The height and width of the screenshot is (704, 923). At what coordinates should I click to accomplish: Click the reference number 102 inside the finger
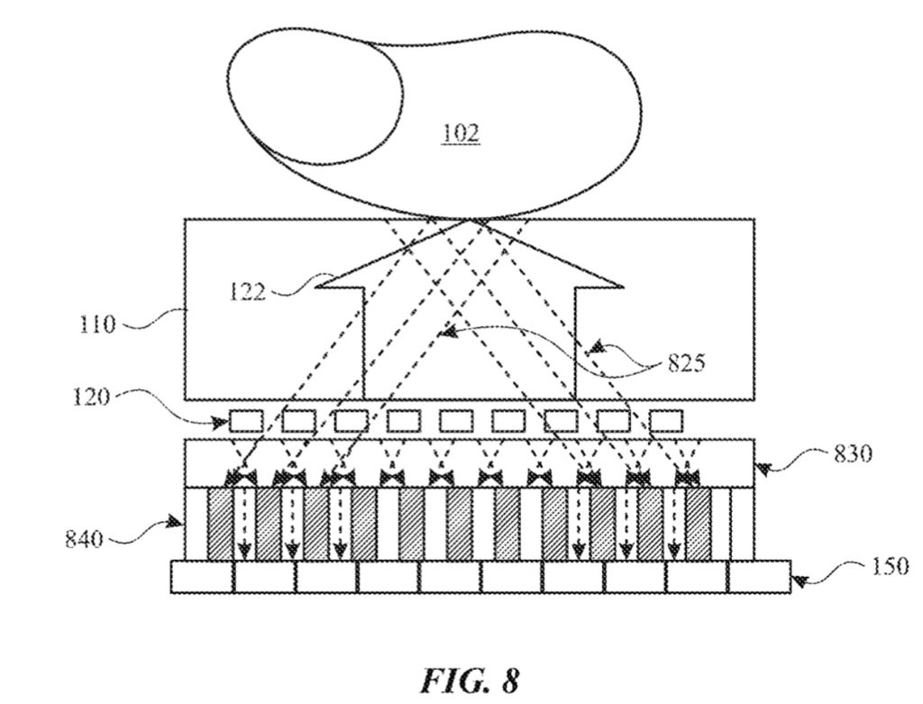pyautogui.click(x=461, y=134)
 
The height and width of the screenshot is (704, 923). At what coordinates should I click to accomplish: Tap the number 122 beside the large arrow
pyautogui.click(x=247, y=292)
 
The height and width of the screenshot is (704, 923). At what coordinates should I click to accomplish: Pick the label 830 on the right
pyautogui.click(x=851, y=454)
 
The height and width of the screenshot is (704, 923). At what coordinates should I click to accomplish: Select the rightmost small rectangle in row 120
pyautogui.click(x=666, y=421)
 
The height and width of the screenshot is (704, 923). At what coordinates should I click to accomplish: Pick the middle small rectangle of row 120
pyautogui.click(x=456, y=421)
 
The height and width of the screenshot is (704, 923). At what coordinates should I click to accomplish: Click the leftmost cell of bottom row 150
pyautogui.click(x=202, y=577)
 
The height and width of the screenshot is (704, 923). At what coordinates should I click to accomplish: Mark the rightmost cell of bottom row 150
pyautogui.click(x=759, y=577)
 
